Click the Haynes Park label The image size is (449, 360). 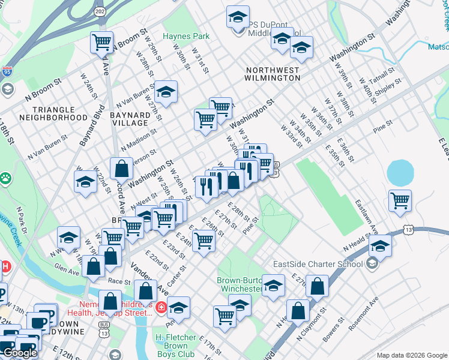[x=186, y=36]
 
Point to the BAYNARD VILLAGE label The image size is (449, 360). [x=130, y=119]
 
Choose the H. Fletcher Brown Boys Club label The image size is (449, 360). [x=181, y=337]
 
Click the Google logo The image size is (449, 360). [x=20, y=353]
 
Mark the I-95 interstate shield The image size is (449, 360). [x=7, y=71]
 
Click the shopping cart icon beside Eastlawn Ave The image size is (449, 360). [x=399, y=201]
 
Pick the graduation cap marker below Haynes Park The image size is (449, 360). [x=165, y=92]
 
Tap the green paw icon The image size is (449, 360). [x=5, y=178]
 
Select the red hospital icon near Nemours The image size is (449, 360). [x=160, y=308]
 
